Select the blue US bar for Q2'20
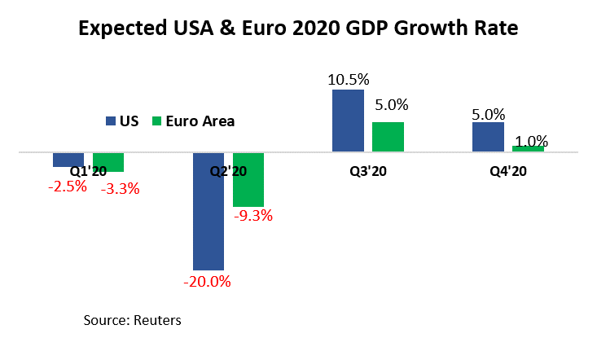click(208, 211)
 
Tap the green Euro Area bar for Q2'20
click(248, 179)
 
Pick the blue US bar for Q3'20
click(348, 121)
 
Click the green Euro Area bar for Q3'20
click(388, 137)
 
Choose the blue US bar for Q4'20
click(488, 137)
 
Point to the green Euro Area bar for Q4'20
click(528, 149)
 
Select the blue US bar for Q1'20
click(68, 160)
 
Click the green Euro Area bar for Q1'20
click(108, 162)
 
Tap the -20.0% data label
click(208, 282)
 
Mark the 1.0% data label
click(532, 139)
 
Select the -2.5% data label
click(67, 187)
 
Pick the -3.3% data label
click(120, 189)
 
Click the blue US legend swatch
click(111, 121)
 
